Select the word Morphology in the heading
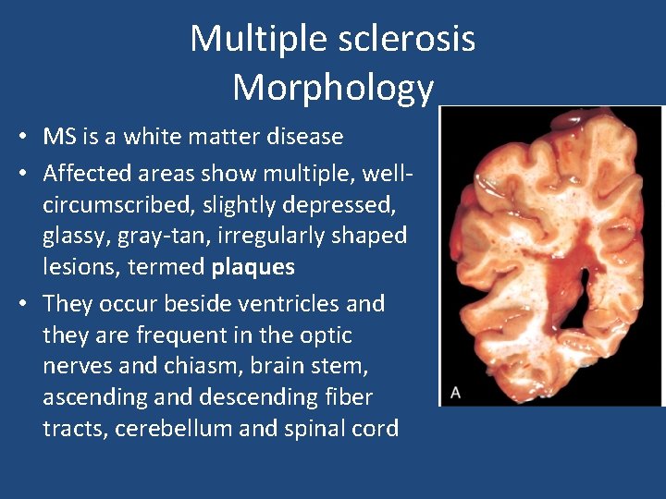(333, 88)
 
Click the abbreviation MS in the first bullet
(59, 137)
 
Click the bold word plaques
(253, 268)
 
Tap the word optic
(329, 335)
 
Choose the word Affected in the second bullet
(87, 173)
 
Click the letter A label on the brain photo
(454, 392)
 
